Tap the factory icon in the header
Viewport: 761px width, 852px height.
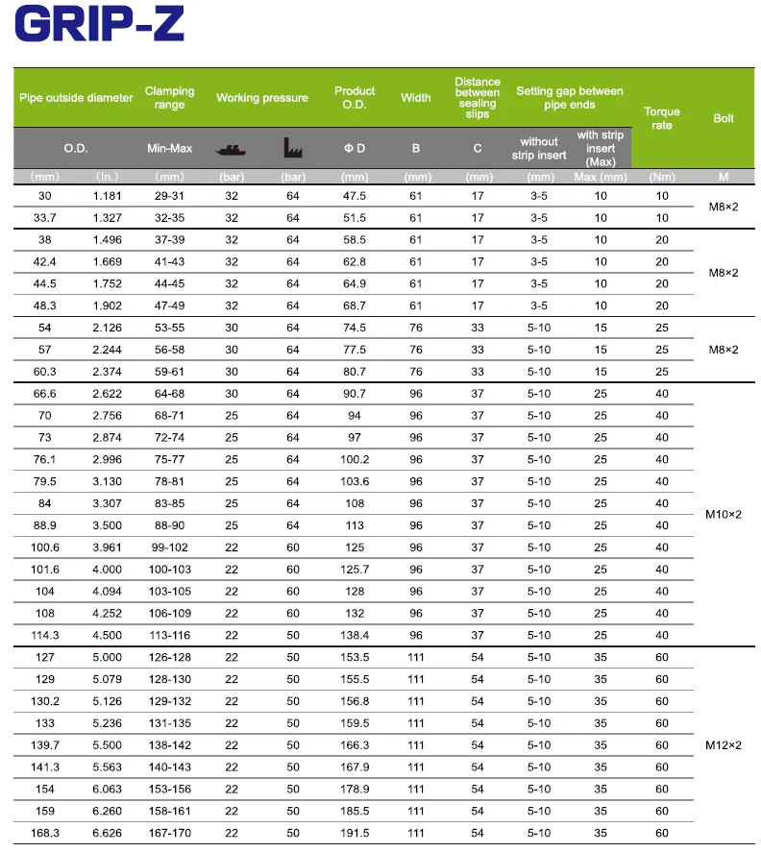[293, 148]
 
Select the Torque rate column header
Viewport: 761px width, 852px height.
[662, 118]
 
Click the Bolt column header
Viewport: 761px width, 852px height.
[723, 118]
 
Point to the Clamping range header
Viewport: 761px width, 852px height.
[169, 97]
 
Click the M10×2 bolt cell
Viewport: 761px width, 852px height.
[723, 515]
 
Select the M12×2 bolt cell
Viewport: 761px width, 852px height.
[723, 744]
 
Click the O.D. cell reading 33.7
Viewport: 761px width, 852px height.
[45, 218]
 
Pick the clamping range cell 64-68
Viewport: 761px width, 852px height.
[169, 394]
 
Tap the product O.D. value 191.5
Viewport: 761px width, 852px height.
[355, 833]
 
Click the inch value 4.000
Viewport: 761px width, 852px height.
[108, 570]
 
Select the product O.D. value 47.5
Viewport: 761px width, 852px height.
[355, 196]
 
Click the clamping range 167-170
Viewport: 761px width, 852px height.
[169, 833]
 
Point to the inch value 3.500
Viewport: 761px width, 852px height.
[108, 525]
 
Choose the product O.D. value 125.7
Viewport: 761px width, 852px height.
[355, 570]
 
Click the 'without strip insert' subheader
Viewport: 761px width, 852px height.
[539, 148]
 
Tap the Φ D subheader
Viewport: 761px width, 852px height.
[355, 148]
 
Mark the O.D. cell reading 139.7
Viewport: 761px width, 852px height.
[45, 745]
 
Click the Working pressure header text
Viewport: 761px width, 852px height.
[261, 97]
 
